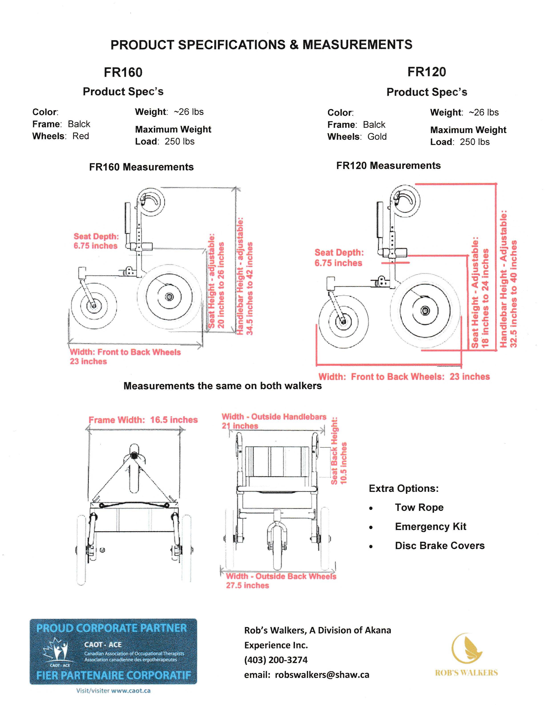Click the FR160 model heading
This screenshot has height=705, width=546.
[x=123, y=72]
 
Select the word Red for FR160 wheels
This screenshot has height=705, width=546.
[x=81, y=136]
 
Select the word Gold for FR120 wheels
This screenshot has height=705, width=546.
[x=377, y=137]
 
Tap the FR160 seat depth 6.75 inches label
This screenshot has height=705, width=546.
[x=96, y=246]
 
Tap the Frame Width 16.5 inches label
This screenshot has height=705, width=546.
[x=143, y=420]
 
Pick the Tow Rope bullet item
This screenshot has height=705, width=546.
[x=419, y=508]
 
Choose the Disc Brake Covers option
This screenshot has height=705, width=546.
[x=440, y=546]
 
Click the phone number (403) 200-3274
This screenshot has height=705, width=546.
[x=276, y=660]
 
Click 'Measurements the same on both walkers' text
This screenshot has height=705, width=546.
[x=222, y=386]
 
